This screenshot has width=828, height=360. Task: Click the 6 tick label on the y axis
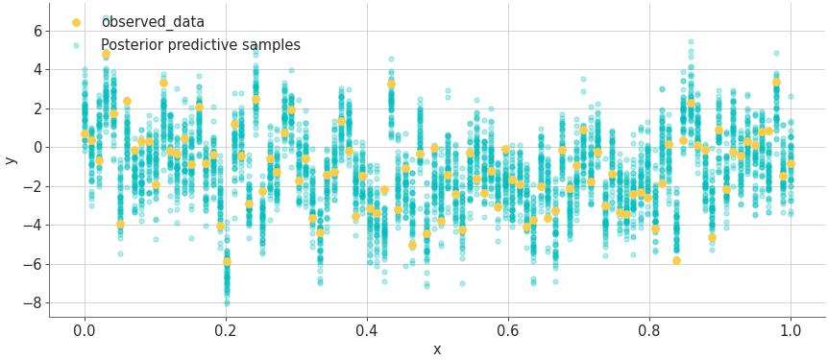tap(36, 31)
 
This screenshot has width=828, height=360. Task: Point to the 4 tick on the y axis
tap(36, 70)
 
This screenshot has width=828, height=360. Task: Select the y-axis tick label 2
tap(36, 108)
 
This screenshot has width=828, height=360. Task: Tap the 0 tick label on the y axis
tap(36, 148)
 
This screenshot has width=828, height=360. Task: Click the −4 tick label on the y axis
tap(32, 226)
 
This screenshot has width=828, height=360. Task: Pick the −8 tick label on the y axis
tap(32, 303)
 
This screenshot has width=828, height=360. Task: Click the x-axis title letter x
tap(437, 349)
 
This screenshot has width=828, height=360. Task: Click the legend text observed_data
tap(153, 22)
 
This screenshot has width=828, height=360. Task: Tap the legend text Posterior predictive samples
tap(201, 45)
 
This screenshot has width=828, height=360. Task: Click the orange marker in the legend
tap(76, 22)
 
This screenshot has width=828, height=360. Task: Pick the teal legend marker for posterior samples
tap(76, 45)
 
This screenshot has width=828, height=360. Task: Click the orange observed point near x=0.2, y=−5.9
tap(227, 261)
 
